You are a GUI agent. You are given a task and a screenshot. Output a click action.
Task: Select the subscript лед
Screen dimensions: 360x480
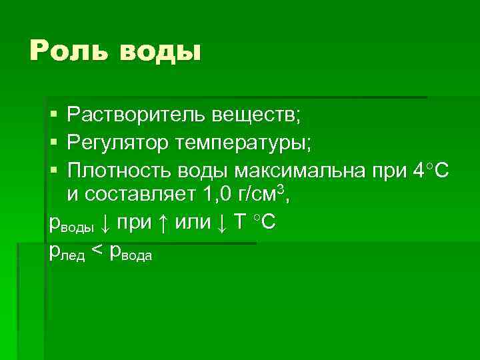click(73, 255)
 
